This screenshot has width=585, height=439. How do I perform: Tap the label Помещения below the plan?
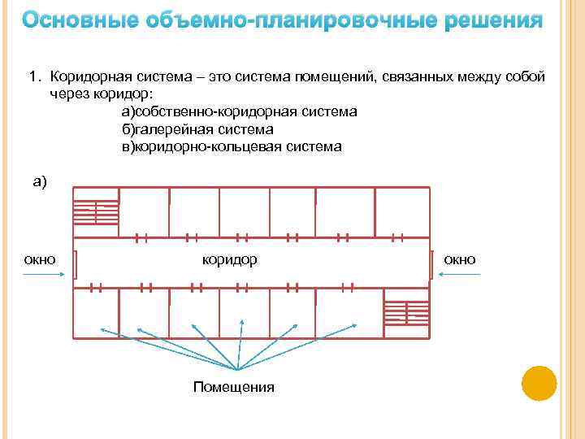pyautogui.click(x=233, y=387)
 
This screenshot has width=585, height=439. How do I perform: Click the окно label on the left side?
pyautogui.click(x=40, y=259)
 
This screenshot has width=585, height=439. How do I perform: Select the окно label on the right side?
pyautogui.click(x=460, y=259)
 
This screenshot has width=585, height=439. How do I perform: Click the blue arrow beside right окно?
pyautogui.click(x=460, y=274)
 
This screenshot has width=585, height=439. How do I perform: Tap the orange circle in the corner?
pyautogui.click(x=538, y=383)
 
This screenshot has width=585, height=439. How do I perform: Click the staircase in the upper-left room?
pyautogui.click(x=96, y=212)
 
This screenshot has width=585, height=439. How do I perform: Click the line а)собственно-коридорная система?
pyautogui.click(x=239, y=111)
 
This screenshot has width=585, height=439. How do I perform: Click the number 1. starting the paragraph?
pyautogui.click(x=35, y=76)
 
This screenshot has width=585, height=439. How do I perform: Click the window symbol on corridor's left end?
pyautogui.click(x=75, y=263)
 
